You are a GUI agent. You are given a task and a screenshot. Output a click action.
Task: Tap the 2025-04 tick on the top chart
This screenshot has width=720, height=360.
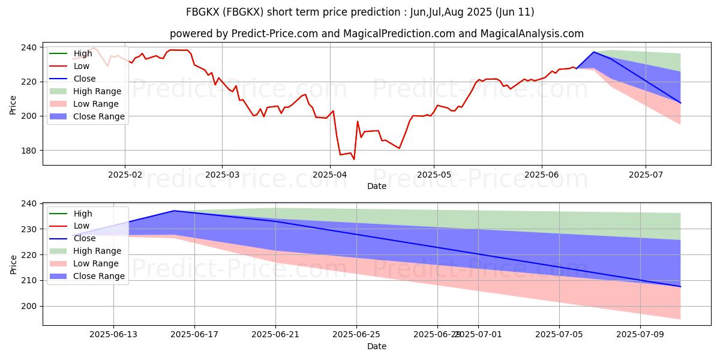coord(329,175)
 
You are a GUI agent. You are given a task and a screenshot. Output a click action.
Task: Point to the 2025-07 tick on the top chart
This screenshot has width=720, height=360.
coord(646,175)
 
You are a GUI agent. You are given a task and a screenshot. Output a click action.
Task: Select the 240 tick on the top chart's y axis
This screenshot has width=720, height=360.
coord(29,47)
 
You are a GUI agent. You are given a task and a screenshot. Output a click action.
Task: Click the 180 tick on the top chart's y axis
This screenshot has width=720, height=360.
coord(29,151)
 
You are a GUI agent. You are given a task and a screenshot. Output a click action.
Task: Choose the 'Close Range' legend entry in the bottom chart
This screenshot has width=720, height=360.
coord(98,276)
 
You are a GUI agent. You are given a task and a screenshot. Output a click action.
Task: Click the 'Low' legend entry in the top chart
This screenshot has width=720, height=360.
coord(82,66)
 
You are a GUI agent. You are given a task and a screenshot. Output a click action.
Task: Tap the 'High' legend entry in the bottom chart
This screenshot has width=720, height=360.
coord(83,214)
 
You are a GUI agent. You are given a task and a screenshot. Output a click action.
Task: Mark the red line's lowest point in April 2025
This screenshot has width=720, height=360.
coord(354,159)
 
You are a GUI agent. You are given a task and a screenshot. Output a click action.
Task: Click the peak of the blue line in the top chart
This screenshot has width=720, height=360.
coord(593,52)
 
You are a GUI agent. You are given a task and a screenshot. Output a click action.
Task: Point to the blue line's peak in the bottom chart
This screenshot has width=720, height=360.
coord(174,211)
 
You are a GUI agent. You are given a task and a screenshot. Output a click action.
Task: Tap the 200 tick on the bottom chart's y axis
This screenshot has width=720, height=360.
coord(29,306)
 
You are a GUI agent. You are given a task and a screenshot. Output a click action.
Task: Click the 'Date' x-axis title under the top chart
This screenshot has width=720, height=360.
coord(376,186)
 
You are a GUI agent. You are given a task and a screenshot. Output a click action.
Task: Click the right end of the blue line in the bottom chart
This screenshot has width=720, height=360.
coord(680,286)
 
